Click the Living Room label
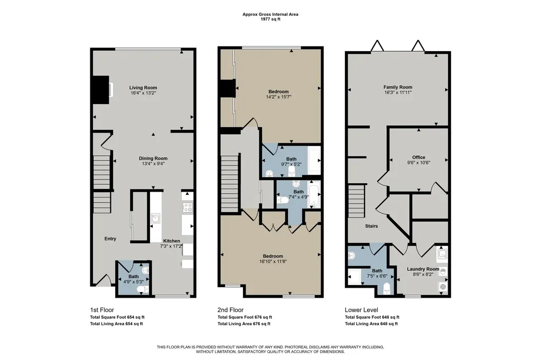coord(143,88)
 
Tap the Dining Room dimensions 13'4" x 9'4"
coord(153,164)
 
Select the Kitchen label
coord(172,241)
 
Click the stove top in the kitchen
coord(188,207)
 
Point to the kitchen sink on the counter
coord(156,219)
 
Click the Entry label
coord(110,239)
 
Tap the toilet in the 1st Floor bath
coord(143,290)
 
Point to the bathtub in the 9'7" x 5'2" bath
coord(314,160)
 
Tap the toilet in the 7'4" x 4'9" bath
coord(283,200)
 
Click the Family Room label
coord(398,87)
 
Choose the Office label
coord(418,157)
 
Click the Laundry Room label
coord(423,269)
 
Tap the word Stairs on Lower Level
coord(371,226)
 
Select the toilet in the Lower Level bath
coord(387,288)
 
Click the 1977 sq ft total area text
coord(270,20)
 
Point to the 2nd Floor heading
coord(230,310)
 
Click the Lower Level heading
coord(361,310)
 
